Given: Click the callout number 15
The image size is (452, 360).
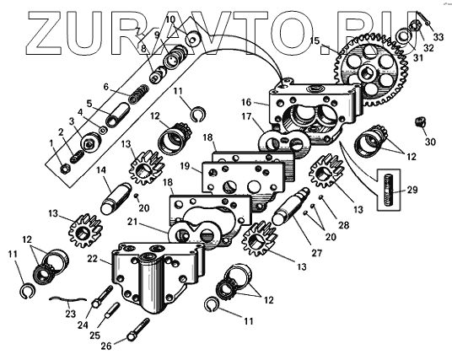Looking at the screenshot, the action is [315, 40].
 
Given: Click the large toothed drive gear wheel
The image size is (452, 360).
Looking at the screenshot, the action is [372, 70].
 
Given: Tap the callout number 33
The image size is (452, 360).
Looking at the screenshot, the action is [439, 37].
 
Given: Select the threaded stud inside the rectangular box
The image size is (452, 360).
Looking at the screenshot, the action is [388, 190].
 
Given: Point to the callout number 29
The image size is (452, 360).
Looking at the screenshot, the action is [412, 190].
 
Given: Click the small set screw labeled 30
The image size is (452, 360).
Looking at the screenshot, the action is [421, 121].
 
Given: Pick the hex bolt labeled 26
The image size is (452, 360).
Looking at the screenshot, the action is [138, 330].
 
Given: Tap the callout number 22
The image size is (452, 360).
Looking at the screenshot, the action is [93, 259].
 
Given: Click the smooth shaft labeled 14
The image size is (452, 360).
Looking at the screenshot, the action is [116, 199].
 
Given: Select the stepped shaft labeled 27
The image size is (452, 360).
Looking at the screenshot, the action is [291, 206].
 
